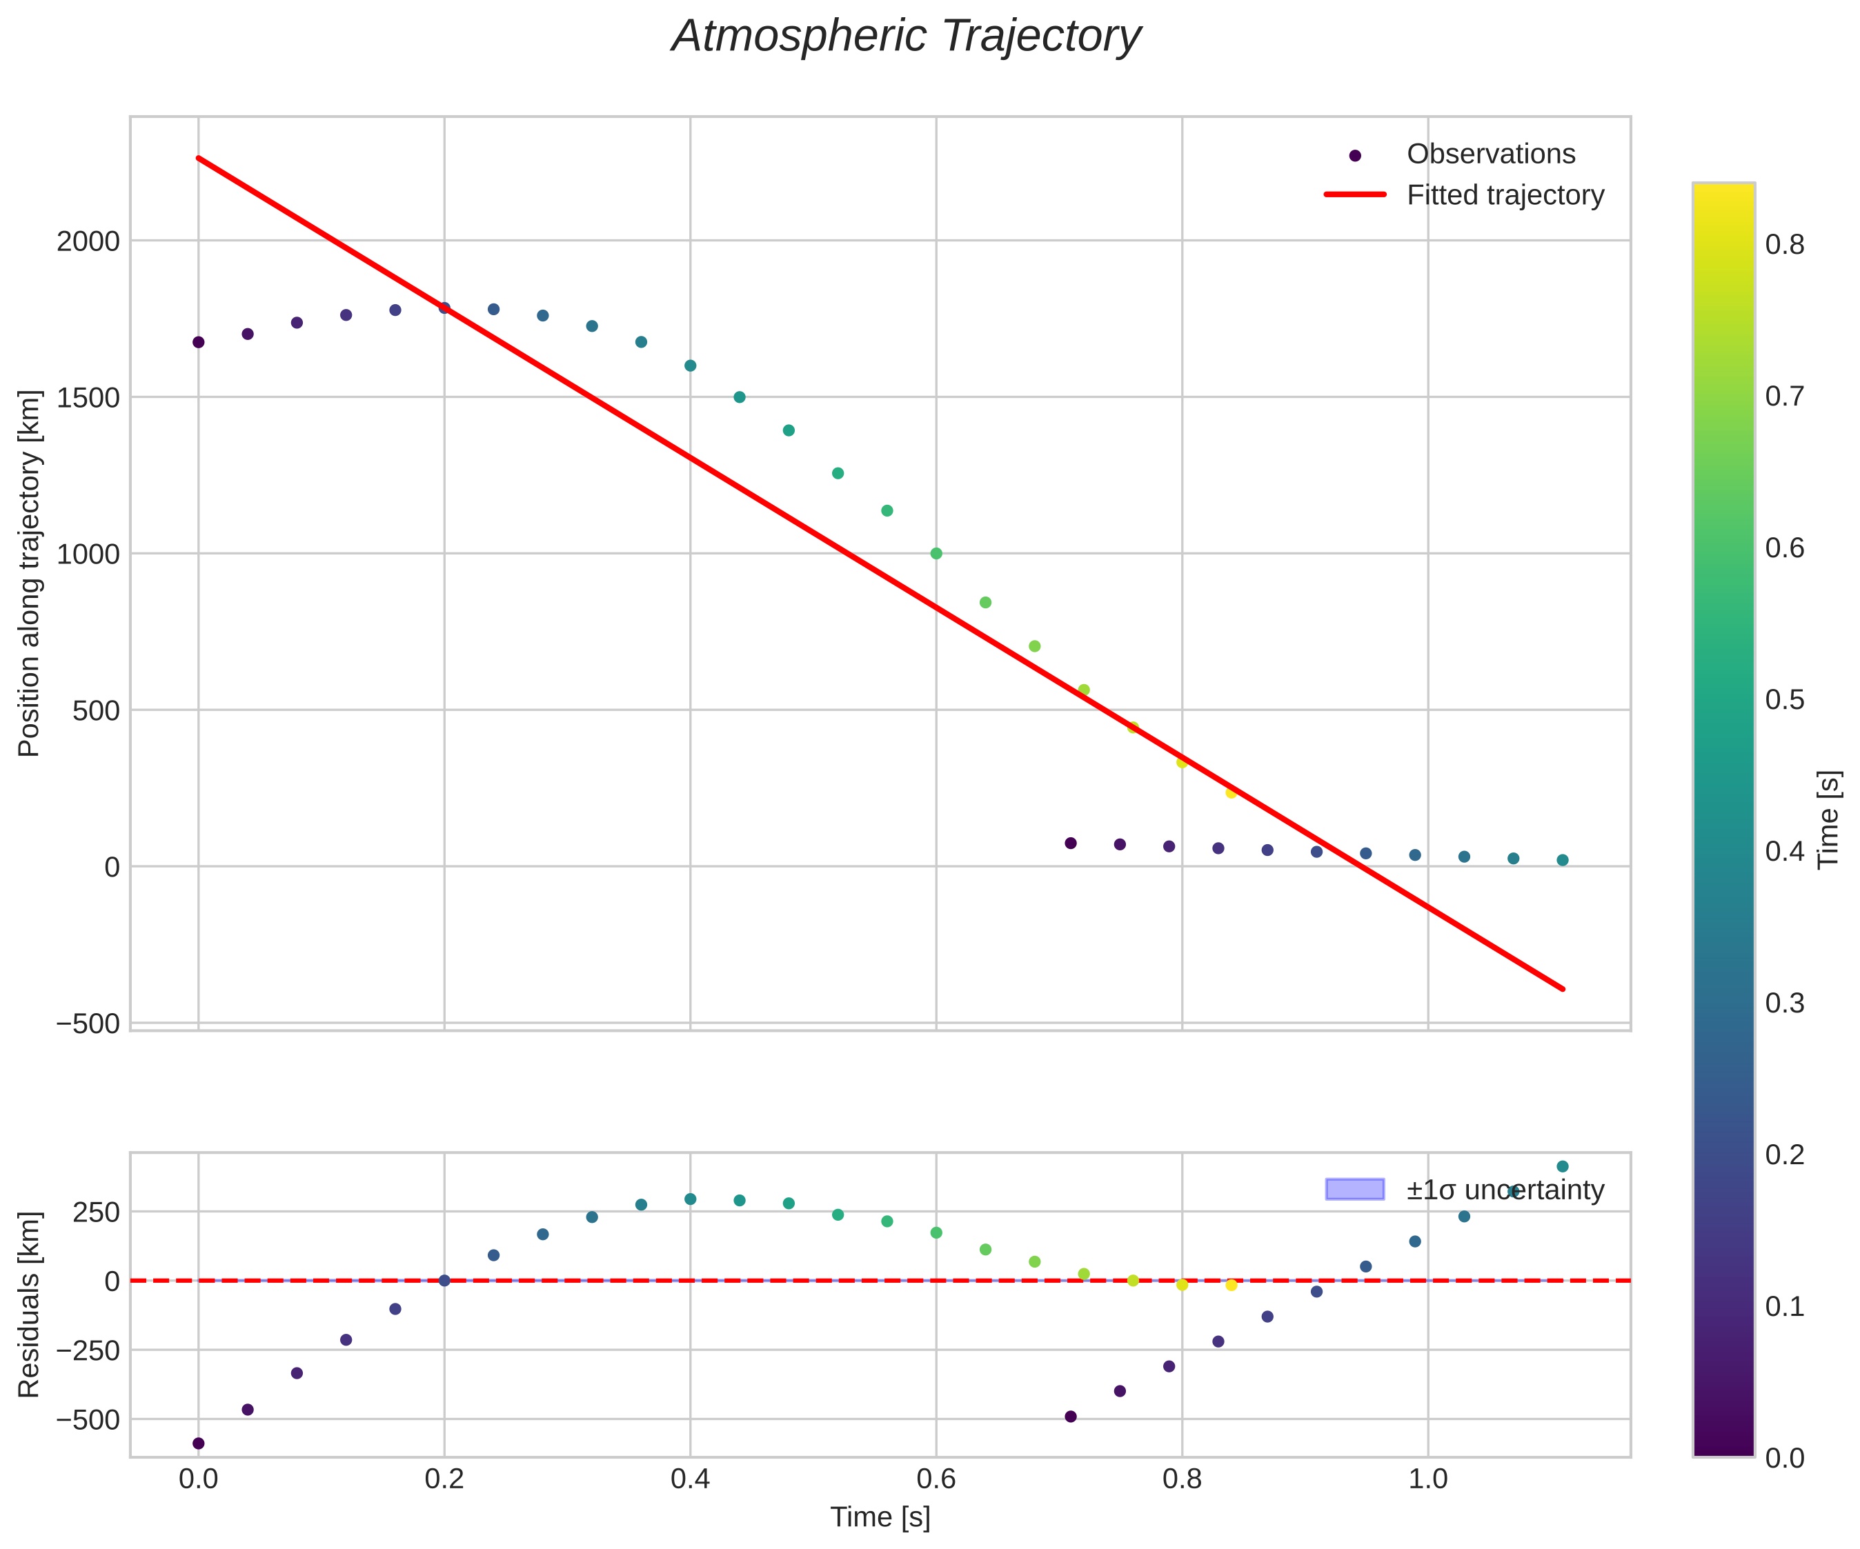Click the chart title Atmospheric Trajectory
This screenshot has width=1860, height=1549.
tap(906, 37)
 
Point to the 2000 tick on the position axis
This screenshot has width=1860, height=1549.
tap(88, 241)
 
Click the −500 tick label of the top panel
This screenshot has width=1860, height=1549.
tap(88, 1023)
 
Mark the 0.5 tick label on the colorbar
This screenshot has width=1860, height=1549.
tap(1785, 699)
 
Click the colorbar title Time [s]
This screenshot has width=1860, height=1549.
tap(1830, 819)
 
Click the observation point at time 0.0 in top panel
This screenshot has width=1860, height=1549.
tap(199, 342)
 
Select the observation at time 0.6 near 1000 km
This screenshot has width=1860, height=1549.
tap(936, 554)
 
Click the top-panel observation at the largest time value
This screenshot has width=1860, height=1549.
tap(1563, 860)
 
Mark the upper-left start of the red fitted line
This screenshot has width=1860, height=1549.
tap(199, 158)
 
